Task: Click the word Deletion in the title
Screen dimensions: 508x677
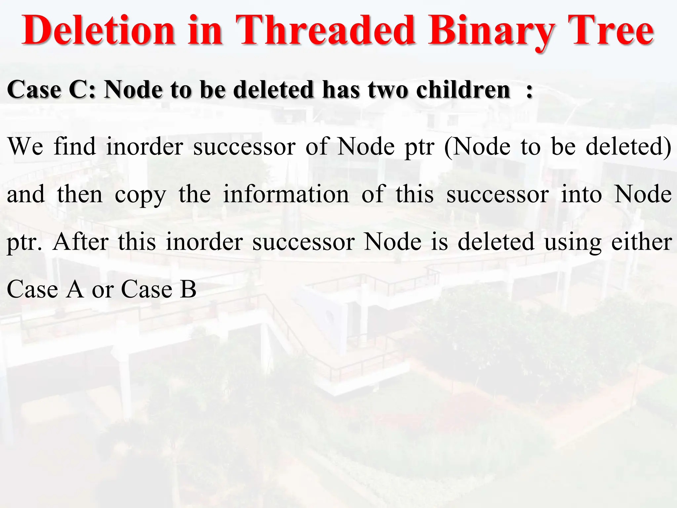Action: (x=98, y=30)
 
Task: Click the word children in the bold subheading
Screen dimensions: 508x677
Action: (x=463, y=90)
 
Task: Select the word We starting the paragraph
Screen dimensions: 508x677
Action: (x=25, y=147)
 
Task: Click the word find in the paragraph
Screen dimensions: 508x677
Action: (x=75, y=146)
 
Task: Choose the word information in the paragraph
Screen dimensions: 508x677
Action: (x=286, y=194)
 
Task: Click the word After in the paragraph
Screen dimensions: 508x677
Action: (x=81, y=242)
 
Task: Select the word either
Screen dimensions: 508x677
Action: (x=642, y=242)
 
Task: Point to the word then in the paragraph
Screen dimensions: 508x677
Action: (x=80, y=194)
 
